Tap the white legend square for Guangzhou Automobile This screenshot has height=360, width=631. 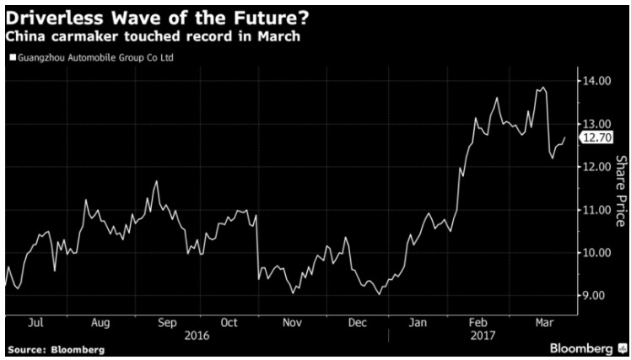(x=12, y=58)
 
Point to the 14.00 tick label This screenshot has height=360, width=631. (x=597, y=81)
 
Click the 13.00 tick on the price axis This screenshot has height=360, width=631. (x=597, y=124)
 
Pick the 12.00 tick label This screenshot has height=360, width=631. (x=597, y=167)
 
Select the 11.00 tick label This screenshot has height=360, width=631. (x=597, y=210)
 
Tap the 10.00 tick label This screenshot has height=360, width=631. (x=597, y=253)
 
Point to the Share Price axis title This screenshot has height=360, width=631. (x=619, y=185)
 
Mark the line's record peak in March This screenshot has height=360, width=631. (x=542, y=87)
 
